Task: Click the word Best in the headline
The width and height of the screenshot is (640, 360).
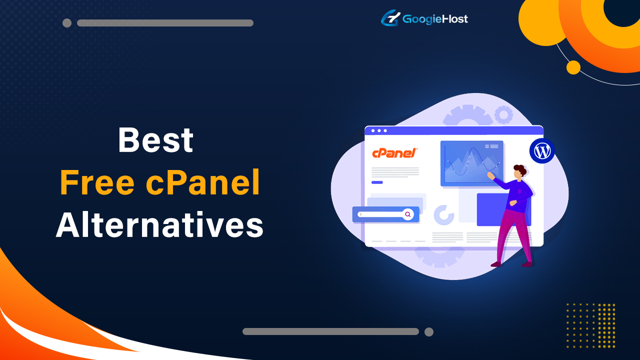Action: point(155,140)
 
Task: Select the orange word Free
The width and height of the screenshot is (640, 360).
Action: point(97,183)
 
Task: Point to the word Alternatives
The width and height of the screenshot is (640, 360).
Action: point(159,225)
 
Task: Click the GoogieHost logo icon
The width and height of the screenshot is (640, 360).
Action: point(390,18)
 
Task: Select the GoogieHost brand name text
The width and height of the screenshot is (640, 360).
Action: point(435,19)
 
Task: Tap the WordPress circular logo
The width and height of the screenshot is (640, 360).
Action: point(542,151)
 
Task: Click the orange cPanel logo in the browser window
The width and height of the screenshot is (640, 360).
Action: point(394,153)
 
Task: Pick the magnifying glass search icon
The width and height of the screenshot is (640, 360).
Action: point(408,214)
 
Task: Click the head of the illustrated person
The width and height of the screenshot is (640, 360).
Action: point(520,171)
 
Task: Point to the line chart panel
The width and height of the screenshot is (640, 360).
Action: point(471,163)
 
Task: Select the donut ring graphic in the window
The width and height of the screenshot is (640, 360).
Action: point(443,215)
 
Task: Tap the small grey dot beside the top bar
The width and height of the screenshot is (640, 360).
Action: point(67,23)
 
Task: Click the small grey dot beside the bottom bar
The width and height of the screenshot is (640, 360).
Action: point(428,331)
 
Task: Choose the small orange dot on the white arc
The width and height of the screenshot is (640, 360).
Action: point(573,67)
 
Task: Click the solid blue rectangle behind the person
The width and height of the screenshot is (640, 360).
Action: point(492,209)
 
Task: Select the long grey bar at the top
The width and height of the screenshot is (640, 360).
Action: point(165,23)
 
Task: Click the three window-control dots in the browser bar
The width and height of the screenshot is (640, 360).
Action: point(378,130)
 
